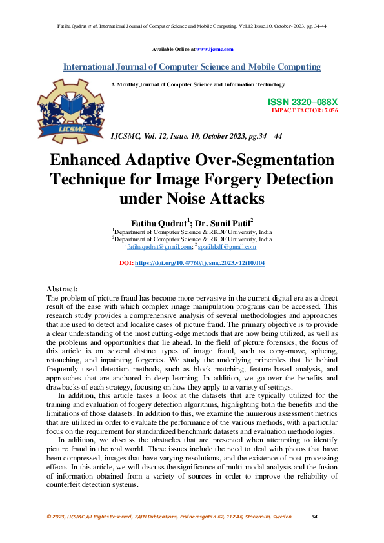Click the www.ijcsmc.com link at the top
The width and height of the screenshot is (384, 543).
click(x=214, y=49)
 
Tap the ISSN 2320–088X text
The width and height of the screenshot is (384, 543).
click(x=302, y=102)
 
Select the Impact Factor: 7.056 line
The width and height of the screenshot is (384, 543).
click(x=305, y=110)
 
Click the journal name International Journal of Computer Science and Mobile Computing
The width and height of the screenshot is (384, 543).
click(x=192, y=66)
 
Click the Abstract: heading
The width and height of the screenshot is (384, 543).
click(x=63, y=290)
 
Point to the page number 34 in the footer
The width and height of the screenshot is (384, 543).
click(x=314, y=517)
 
